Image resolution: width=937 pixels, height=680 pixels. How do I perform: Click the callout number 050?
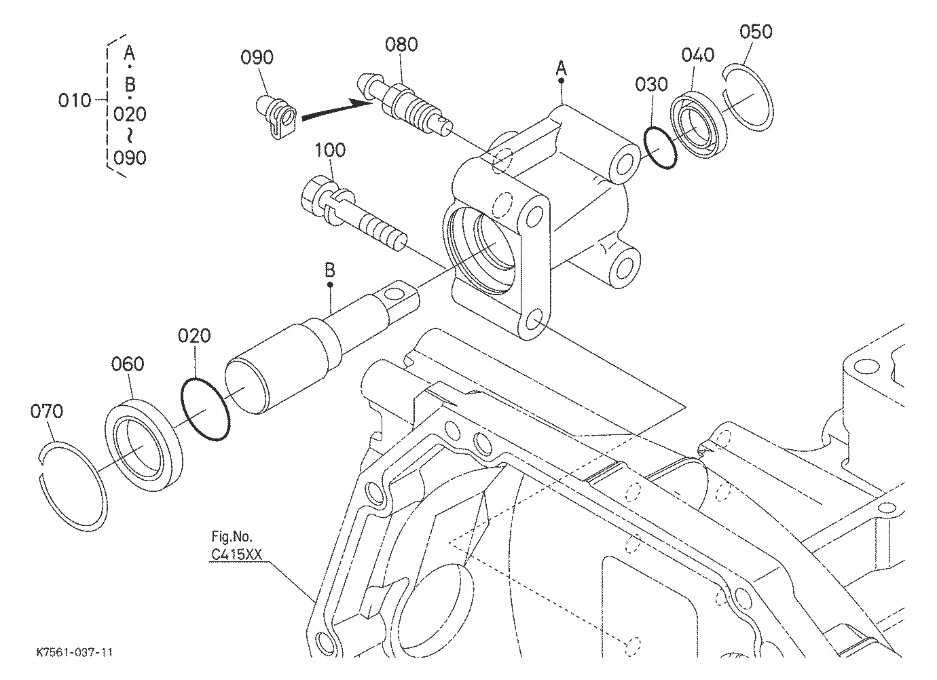pos(756,32)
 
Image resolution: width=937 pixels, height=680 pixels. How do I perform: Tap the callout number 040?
pos(698,55)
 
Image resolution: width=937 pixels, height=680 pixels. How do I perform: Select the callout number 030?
pos(651,84)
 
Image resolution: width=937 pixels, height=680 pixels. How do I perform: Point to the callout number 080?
pos(401,44)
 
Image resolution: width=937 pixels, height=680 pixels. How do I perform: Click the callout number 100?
pos(330,150)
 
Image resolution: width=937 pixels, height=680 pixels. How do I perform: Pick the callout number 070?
pos(46,411)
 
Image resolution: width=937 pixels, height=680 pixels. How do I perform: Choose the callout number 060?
pos(128,364)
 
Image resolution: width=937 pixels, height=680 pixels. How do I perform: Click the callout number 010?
pos(75,100)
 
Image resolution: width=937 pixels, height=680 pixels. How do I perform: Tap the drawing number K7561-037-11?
pos(75,653)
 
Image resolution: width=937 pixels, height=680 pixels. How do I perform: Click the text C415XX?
pos(236,554)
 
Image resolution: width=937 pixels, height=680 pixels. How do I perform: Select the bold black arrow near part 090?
pos(336,111)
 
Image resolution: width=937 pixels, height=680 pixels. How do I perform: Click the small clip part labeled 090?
pos(276,117)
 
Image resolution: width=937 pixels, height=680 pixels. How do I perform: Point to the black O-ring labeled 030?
pos(660,147)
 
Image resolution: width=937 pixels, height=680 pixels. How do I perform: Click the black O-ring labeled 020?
pos(205,409)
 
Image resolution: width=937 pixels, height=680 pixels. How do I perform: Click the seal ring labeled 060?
pos(143,445)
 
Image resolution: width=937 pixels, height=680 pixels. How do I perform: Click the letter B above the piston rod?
pos(330,270)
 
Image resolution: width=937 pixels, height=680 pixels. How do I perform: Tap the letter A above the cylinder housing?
pos(561,68)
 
